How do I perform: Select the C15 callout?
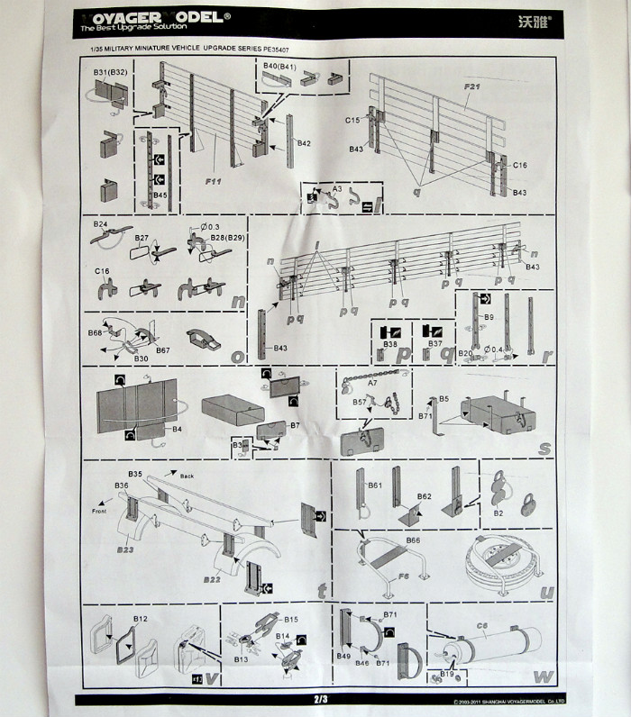click(352, 120)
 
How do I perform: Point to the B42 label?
click(303, 143)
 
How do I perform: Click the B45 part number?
click(160, 195)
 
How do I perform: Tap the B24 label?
click(100, 223)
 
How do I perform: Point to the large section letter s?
click(544, 447)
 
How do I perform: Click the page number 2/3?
click(321, 698)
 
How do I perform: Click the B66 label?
click(413, 540)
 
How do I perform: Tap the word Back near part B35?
click(187, 475)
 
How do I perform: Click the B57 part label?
click(359, 402)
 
